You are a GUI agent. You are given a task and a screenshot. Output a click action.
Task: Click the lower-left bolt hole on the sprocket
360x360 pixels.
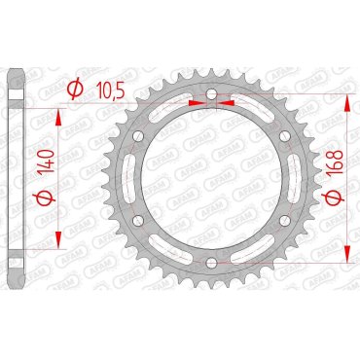(x=140, y=219)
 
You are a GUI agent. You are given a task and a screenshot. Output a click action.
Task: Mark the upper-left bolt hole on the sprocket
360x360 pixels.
(x=140, y=135)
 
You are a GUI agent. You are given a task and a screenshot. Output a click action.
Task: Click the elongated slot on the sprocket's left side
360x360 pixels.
(x=129, y=177)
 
